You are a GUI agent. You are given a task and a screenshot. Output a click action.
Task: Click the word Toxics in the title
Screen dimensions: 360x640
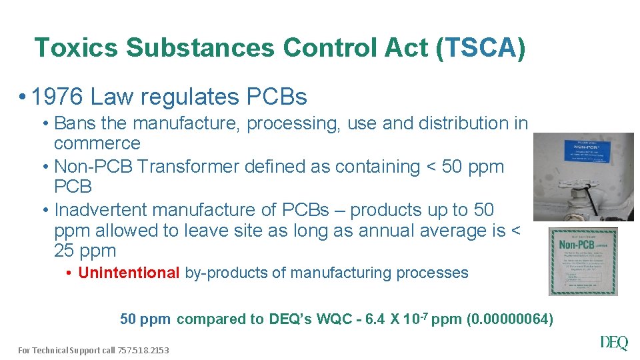[x=75, y=48]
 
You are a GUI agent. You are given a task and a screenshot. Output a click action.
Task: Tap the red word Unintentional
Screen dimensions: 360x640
[x=129, y=273]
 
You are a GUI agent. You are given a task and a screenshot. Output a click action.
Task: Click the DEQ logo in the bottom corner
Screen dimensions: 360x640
[x=614, y=343]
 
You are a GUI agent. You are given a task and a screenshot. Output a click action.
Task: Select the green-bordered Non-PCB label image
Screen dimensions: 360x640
[x=583, y=261]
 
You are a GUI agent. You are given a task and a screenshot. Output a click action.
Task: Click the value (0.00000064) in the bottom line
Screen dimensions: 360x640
[x=511, y=319]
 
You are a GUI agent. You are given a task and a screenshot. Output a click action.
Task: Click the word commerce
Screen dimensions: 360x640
[x=97, y=144]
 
